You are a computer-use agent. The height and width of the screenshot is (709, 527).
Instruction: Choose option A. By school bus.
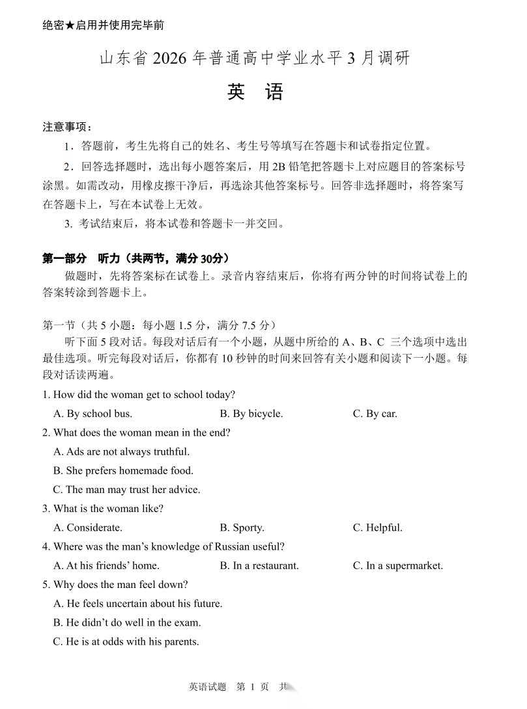(x=93, y=414)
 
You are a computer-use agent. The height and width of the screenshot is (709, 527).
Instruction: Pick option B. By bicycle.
(x=251, y=414)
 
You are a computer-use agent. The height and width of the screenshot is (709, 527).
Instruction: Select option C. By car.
(x=375, y=414)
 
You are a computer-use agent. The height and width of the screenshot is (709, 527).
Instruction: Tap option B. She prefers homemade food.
(x=123, y=470)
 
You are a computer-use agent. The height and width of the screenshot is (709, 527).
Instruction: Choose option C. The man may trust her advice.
(x=126, y=489)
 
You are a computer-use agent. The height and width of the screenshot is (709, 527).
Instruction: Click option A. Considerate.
(x=88, y=528)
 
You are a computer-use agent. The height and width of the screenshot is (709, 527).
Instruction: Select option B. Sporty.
(x=242, y=528)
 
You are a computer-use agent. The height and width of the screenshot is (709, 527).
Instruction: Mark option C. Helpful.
(x=377, y=528)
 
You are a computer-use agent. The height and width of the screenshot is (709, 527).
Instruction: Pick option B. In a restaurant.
(x=259, y=565)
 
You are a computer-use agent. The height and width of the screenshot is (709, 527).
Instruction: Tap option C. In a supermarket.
(x=397, y=565)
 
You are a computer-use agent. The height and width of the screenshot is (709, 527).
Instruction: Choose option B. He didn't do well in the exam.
(x=127, y=622)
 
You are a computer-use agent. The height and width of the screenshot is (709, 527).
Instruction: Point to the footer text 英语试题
(x=207, y=687)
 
